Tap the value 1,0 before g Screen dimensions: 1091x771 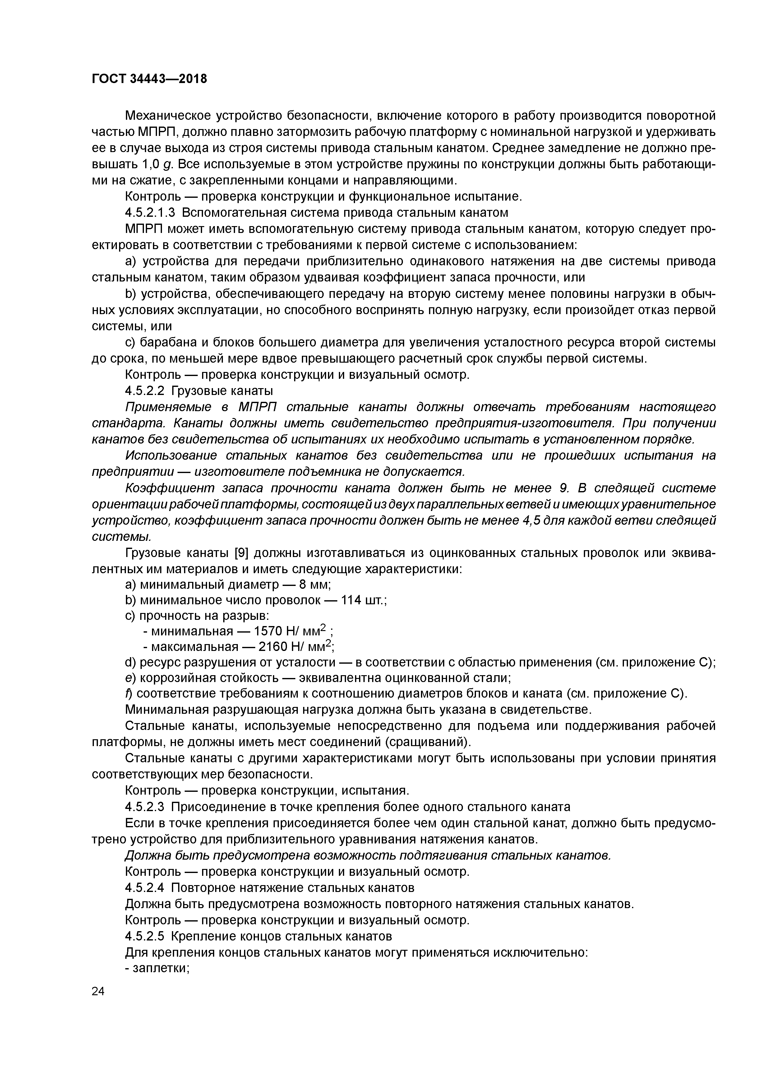(150, 165)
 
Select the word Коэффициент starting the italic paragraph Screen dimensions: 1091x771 (160, 489)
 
